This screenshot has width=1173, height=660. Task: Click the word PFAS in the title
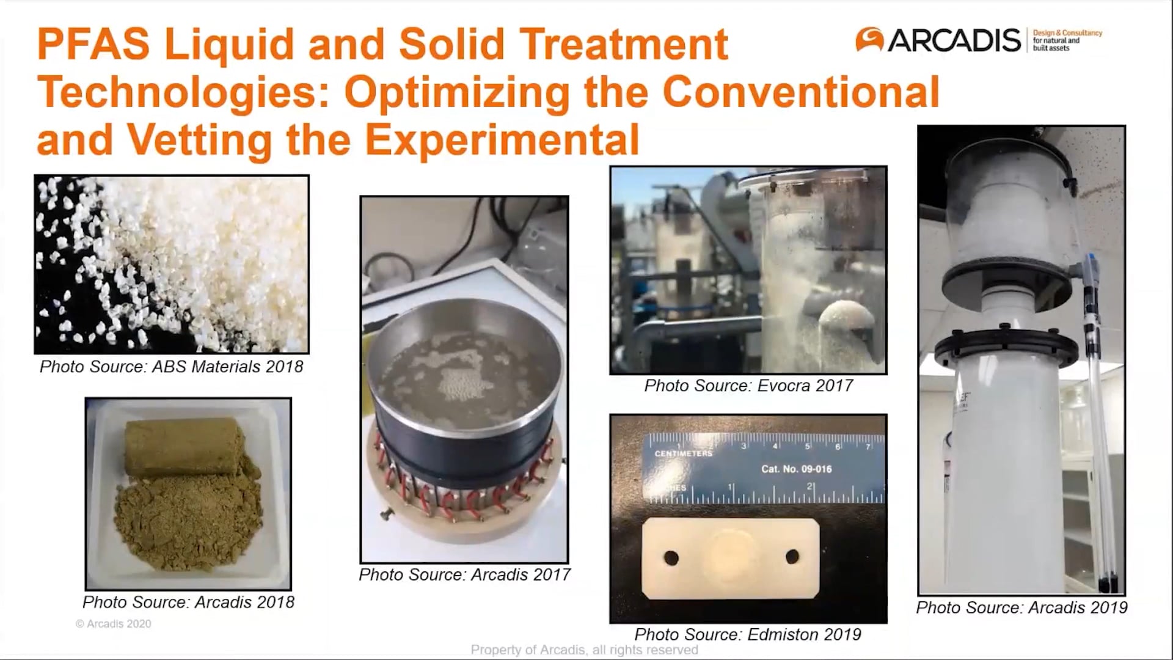[93, 44]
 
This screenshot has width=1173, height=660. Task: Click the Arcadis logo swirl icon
[869, 40]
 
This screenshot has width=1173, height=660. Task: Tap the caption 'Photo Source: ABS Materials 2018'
[171, 367]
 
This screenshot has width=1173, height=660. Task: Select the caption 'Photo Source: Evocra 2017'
[748, 386]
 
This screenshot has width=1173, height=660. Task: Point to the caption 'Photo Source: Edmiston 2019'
[748, 634]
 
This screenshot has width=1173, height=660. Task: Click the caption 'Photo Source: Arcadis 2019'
[1021, 607]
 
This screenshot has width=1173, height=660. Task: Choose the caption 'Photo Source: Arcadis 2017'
[464, 574]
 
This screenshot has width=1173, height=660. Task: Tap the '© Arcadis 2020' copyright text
[113, 624]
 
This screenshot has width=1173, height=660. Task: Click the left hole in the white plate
[671, 558]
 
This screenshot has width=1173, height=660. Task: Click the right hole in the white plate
[792, 557]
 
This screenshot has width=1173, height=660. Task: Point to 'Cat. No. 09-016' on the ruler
[796, 469]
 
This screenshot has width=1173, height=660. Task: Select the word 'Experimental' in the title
[502, 139]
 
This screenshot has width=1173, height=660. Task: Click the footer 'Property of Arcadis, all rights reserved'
[584, 650]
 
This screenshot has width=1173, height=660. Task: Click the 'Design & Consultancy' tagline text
[1067, 33]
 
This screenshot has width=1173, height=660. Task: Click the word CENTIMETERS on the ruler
[683, 453]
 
